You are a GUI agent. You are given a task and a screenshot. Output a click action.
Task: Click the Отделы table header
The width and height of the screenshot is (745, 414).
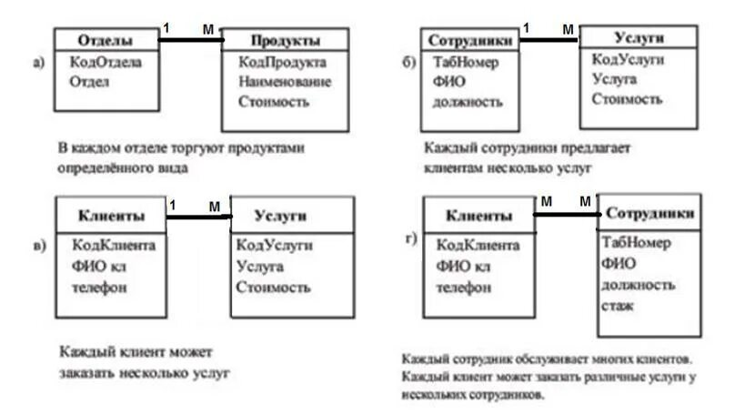tap(106, 41)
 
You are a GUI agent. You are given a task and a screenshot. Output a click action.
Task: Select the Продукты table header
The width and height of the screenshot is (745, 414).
tap(285, 41)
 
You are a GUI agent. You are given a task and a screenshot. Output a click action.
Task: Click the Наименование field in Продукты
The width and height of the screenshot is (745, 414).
tap(285, 82)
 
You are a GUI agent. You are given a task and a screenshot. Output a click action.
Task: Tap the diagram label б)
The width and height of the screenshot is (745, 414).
tap(408, 63)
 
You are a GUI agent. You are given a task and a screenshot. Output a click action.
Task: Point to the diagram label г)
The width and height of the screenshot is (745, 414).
tap(410, 240)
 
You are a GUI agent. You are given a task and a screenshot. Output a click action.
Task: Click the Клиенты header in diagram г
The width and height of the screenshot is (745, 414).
tap(478, 216)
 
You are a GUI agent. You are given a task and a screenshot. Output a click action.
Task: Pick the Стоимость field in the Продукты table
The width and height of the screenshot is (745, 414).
tap(274, 101)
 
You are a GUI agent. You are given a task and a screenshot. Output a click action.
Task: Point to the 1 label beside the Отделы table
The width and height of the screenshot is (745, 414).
tap(166, 28)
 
